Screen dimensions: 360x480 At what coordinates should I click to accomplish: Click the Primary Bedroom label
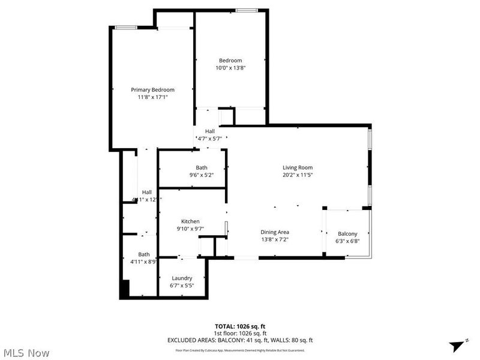(x=152, y=89)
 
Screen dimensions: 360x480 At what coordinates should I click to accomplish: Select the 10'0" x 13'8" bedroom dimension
(x=230, y=68)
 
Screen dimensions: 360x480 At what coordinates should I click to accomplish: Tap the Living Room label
(x=298, y=167)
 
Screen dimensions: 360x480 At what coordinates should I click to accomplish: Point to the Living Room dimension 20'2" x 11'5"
(x=298, y=175)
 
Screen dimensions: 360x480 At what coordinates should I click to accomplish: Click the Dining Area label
(x=275, y=232)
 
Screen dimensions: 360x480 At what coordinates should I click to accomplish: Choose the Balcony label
(x=347, y=234)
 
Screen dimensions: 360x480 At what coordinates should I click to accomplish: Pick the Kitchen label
(x=190, y=221)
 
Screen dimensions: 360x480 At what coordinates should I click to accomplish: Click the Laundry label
(x=182, y=278)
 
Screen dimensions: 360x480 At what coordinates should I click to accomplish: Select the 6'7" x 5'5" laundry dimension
(x=182, y=286)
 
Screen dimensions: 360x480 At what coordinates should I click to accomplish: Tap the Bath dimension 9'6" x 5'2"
(x=202, y=175)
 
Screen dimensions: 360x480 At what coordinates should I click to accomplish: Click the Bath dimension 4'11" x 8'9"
(x=144, y=262)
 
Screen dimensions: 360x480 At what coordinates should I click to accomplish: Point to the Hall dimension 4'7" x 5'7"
(x=210, y=139)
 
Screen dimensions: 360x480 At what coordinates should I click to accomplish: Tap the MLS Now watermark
(x=27, y=353)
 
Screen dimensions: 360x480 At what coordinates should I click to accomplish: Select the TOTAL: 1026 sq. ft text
(x=240, y=326)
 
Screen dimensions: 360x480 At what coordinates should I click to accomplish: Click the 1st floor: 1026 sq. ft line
(x=240, y=333)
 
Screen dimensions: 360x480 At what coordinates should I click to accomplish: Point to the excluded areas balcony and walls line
(x=240, y=340)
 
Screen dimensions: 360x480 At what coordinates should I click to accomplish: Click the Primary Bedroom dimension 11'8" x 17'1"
(x=152, y=97)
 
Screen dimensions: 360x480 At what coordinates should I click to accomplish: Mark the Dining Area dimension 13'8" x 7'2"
(x=275, y=239)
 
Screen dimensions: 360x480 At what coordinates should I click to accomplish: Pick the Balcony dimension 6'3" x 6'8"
(x=347, y=241)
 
